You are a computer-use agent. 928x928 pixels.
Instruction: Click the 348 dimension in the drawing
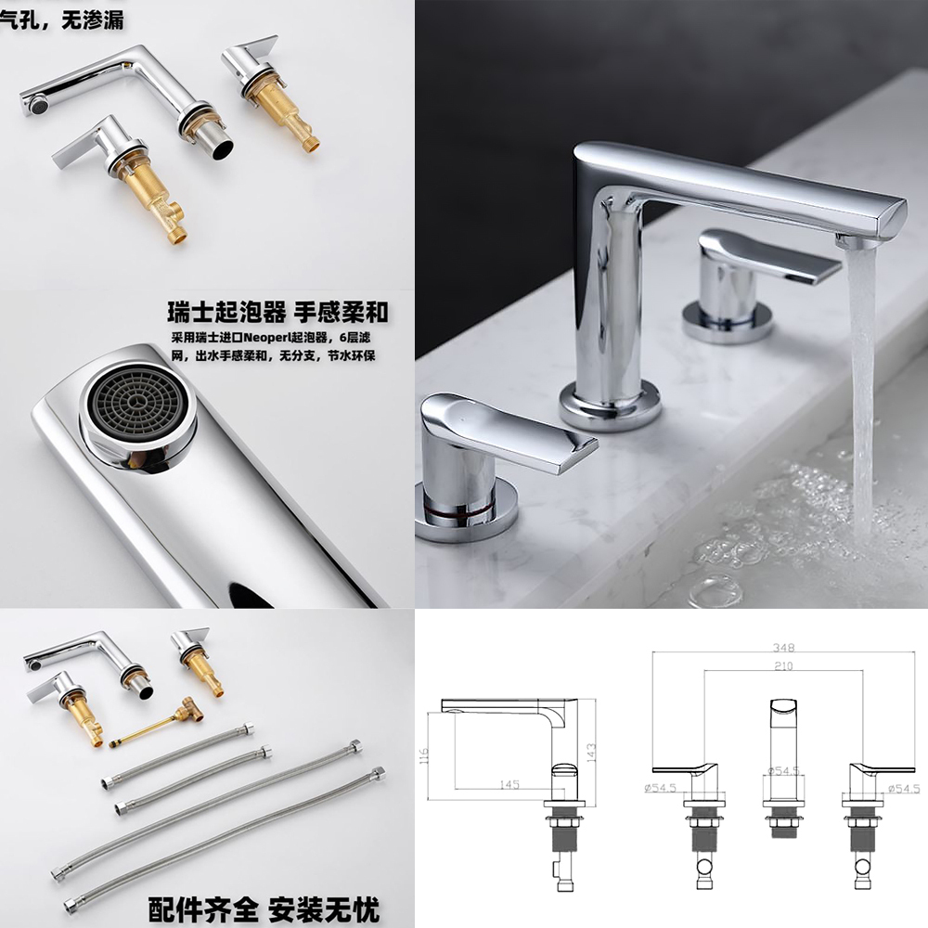pos(783,648)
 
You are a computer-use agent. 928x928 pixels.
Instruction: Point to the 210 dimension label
pos(783,666)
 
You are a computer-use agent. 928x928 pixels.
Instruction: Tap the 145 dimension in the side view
pos(509,784)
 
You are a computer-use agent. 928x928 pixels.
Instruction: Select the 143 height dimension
pos(590,753)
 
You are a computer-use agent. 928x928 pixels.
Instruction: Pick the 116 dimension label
pos(423,755)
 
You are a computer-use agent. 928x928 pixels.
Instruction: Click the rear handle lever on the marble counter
pos(769,256)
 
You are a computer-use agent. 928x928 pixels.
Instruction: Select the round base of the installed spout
pos(610,406)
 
